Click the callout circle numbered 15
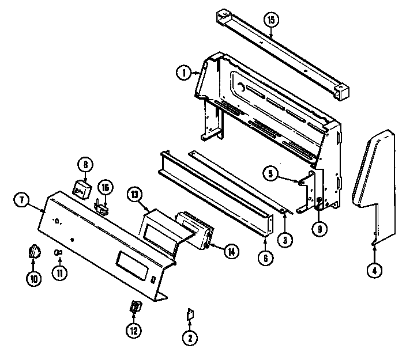pyautogui.click(x=271, y=21)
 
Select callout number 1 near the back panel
pyautogui.click(x=183, y=73)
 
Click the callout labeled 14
pyautogui.click(x=231, y=251)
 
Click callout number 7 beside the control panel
pyautogui.click(x=22, y=200)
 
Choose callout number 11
pyautogui.click(x=58, y=274)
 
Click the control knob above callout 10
pyautogui.click(x=34, y=252)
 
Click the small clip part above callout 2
pyautogui.click(x=189, y=314)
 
